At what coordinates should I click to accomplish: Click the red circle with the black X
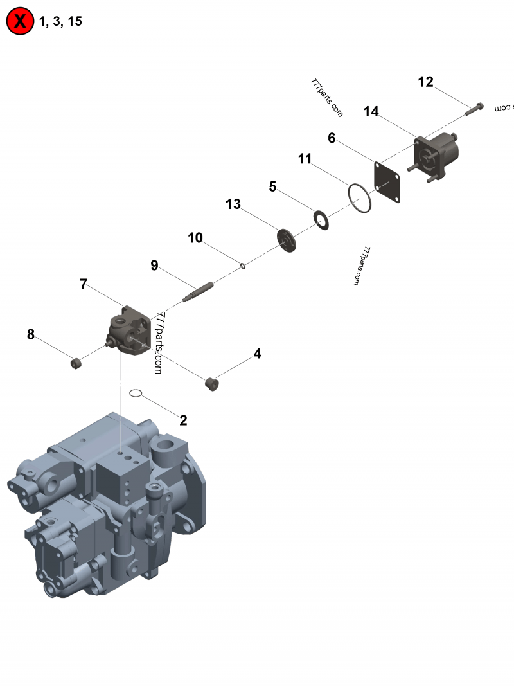pos(20,22)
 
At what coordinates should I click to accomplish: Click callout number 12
pos(425,82)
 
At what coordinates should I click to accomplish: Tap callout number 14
pos(371,112)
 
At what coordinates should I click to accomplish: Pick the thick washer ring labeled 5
pos(321,220)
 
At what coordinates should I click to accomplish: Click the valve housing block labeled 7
pos(131,331)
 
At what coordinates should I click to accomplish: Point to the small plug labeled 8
pos(76,364)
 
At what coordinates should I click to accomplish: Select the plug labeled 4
pos(211,384)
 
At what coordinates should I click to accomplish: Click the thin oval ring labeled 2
pos(135,392)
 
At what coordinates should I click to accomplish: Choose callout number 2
pos(183,420)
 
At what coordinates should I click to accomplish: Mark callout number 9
pos(154,265)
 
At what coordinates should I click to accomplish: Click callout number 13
pos(233,204)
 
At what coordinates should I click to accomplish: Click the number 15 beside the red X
pos(75,22)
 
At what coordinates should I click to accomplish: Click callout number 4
pos(257,353)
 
